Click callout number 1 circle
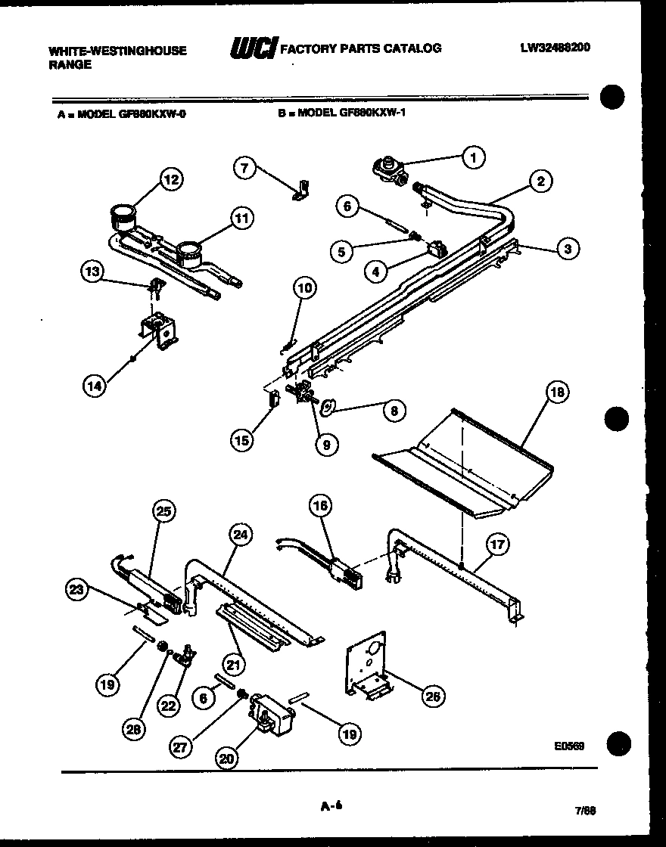[x=473, y=157]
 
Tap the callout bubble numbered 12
[x=172, y=179]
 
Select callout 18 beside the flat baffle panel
[x=556, y=392]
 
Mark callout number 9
[x=326, y=445]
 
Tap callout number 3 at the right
[x=568, y=248]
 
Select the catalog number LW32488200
[x=555, y=47]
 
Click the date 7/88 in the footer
[x=585, y=810]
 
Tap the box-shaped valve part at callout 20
[x=269, y=712]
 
